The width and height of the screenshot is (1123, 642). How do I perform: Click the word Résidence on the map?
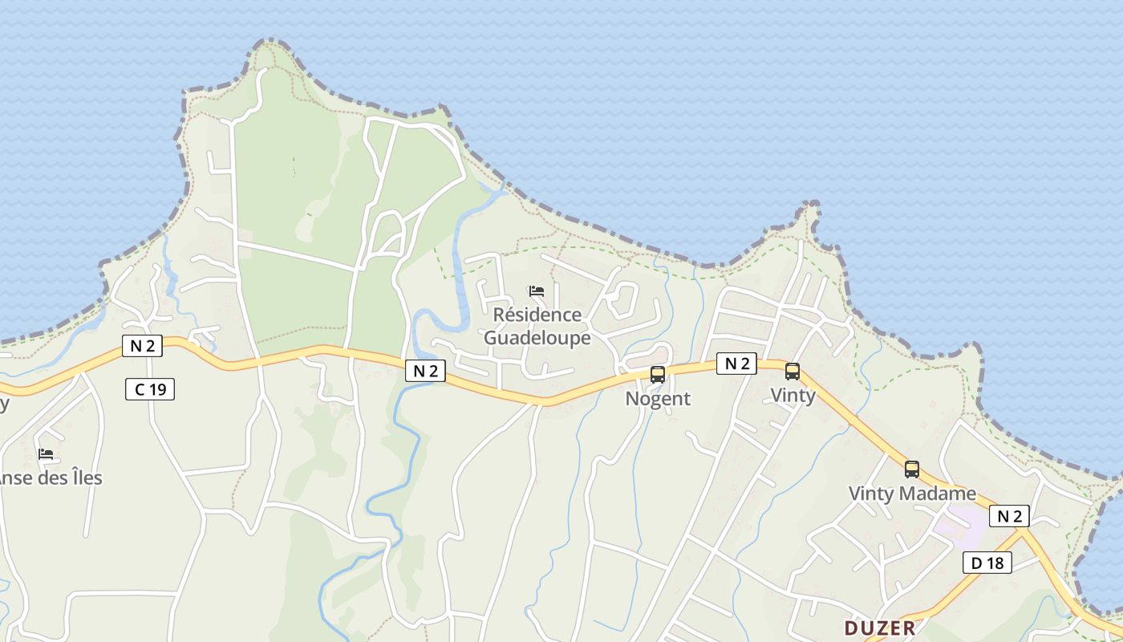[x=537, y=315]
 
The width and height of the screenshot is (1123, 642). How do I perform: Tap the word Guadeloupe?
[x=537, y=338]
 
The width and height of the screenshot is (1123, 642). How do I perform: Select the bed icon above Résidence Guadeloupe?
[x=537, y=291]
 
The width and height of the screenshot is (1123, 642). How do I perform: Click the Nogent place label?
[x=658, y=399]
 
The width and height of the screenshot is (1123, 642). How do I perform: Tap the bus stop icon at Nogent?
[x=658, y=374]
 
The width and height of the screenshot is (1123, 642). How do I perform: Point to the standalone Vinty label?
[x=793, y=395]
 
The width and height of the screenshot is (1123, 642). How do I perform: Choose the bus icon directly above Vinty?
[x=793, y=372]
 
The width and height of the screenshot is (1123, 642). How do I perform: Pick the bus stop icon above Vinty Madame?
[x=912, y=469]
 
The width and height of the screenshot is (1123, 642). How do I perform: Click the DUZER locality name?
[x=879, y=628]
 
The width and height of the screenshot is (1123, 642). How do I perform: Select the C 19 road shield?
[x=150, y=390]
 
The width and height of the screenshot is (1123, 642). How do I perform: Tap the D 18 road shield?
[x=987, y=563]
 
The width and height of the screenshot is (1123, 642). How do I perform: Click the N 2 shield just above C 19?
[x=142, y=346]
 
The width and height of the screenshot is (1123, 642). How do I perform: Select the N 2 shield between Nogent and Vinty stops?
[x=736, y=364]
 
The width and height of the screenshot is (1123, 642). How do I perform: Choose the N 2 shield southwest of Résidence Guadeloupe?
[x=425, y=371]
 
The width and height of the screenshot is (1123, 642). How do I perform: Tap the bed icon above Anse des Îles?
[x=46, y=454]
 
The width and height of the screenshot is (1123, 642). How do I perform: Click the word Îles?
[x=83, y=478]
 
